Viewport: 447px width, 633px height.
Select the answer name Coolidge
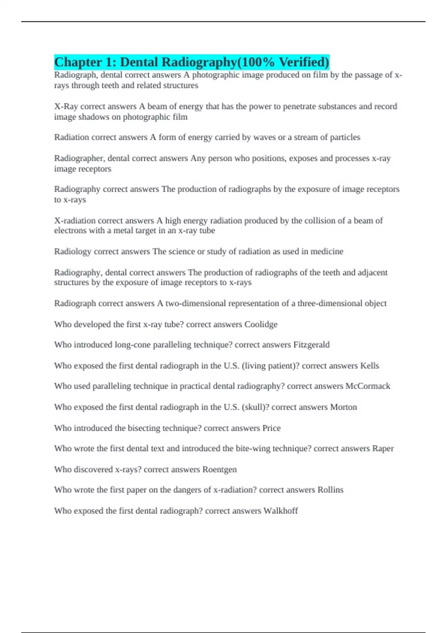261,324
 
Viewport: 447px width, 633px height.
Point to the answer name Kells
370,366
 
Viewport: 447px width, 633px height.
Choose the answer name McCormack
368,386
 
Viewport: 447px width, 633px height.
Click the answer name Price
272,428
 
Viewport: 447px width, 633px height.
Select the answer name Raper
383,449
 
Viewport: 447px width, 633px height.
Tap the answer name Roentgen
219,470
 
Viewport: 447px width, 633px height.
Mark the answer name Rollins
330,490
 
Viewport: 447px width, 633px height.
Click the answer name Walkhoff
280,511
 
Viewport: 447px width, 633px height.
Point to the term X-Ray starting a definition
66,106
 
